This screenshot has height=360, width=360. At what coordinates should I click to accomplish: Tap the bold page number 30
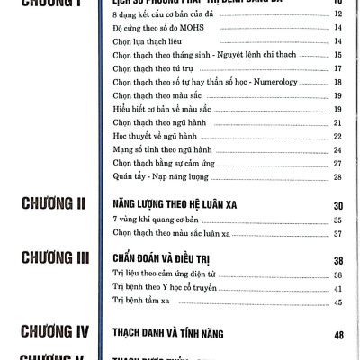coord(339,205)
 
